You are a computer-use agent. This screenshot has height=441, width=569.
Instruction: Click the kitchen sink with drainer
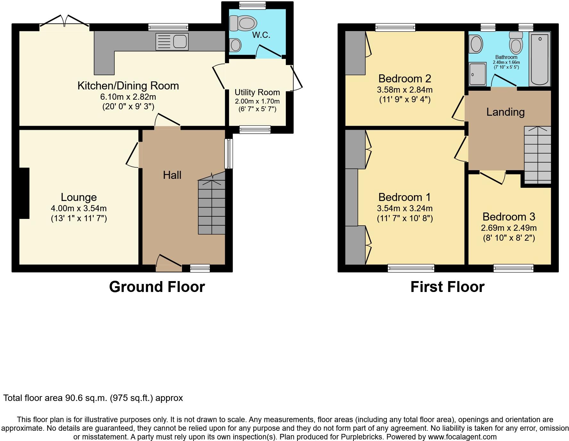[172, 42]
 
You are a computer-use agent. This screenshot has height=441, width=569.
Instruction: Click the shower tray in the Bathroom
[477, 74]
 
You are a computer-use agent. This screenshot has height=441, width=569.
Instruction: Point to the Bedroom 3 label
[509, 217]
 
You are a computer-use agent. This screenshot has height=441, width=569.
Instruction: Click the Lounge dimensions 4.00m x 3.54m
[79, 208]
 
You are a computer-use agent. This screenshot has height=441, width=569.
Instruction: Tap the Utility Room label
[257, 92]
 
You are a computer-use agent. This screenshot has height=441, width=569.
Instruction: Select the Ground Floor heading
[157, 287]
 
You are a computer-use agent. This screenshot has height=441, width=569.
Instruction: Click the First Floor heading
[448, 287]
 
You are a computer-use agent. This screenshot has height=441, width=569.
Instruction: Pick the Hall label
[172, 175]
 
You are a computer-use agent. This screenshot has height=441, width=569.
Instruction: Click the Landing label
[506, 112]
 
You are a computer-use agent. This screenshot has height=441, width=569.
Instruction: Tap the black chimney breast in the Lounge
[24, 193]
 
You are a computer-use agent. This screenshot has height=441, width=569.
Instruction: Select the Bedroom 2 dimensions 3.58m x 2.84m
[405, 90]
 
